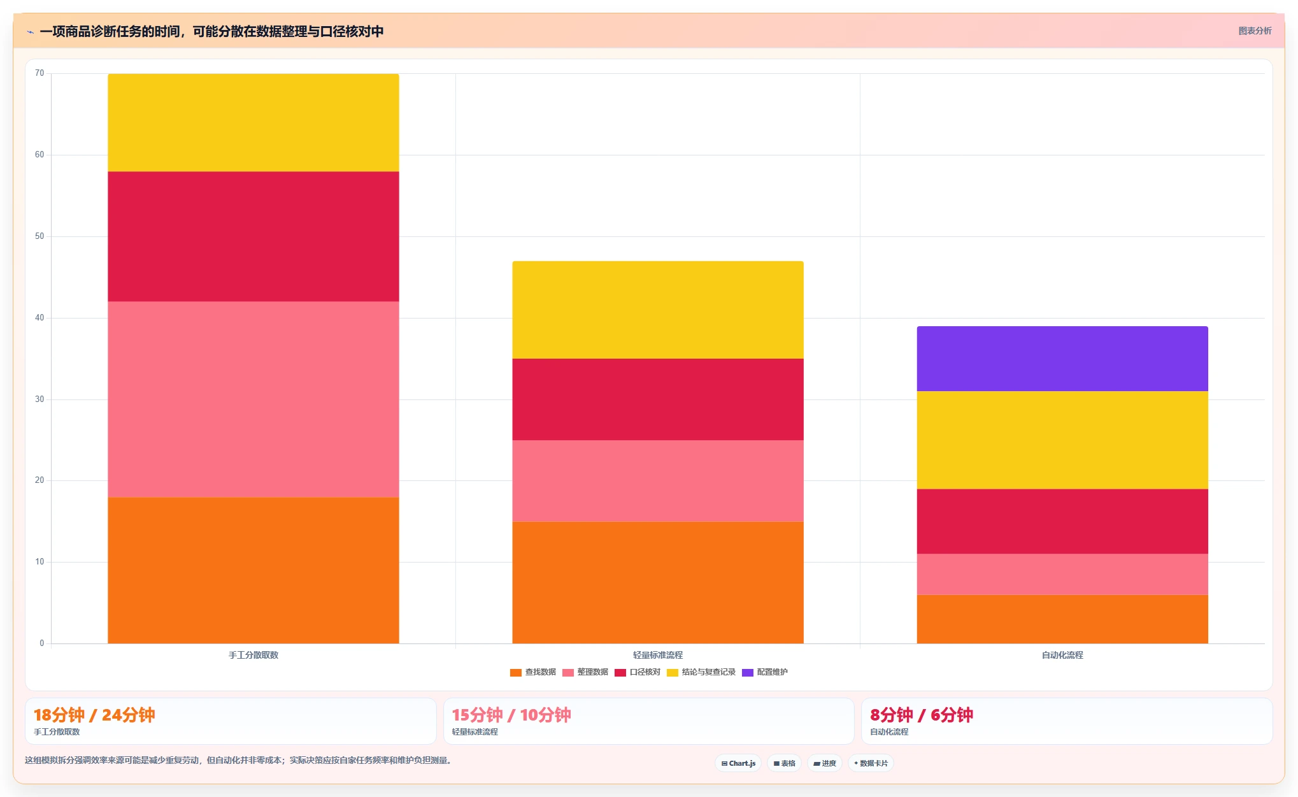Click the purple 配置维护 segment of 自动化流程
1062,359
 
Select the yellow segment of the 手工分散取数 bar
253,122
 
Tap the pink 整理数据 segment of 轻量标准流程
658,481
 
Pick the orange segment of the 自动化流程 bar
1062,619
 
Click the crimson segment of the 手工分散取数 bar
253,236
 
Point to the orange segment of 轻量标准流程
658,582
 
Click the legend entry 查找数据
533,672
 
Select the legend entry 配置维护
765,672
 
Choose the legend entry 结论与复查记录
701,672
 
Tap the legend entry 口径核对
638,672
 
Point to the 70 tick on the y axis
39,73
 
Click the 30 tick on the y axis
39,399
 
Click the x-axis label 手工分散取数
253,655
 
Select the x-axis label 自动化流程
1062,655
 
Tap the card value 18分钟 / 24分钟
94,715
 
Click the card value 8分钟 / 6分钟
922,715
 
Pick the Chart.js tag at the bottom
738,763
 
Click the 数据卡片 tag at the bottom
871,763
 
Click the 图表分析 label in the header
1255,31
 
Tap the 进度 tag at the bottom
825,763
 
